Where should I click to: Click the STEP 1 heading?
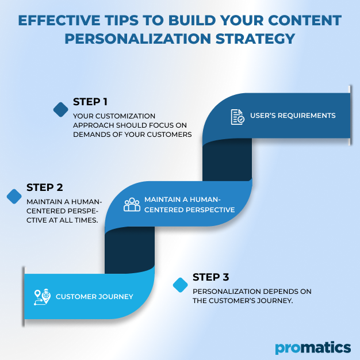[x=90, y=102]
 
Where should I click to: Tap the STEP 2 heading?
[x=44, y=187]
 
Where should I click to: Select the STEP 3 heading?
[x=211, y=277]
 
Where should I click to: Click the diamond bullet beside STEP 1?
[x=60, y=109]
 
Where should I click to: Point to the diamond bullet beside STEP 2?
[x=14, y=196]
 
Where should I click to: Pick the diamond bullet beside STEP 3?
[x=181, y=285]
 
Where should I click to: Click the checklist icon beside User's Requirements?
[x=237, y=117]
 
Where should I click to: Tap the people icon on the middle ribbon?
[x=132, y=205]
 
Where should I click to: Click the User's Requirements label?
[x=293, y=116]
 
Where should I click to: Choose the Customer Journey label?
[x=95, y=297]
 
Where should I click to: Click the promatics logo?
[x=312, y=347]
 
